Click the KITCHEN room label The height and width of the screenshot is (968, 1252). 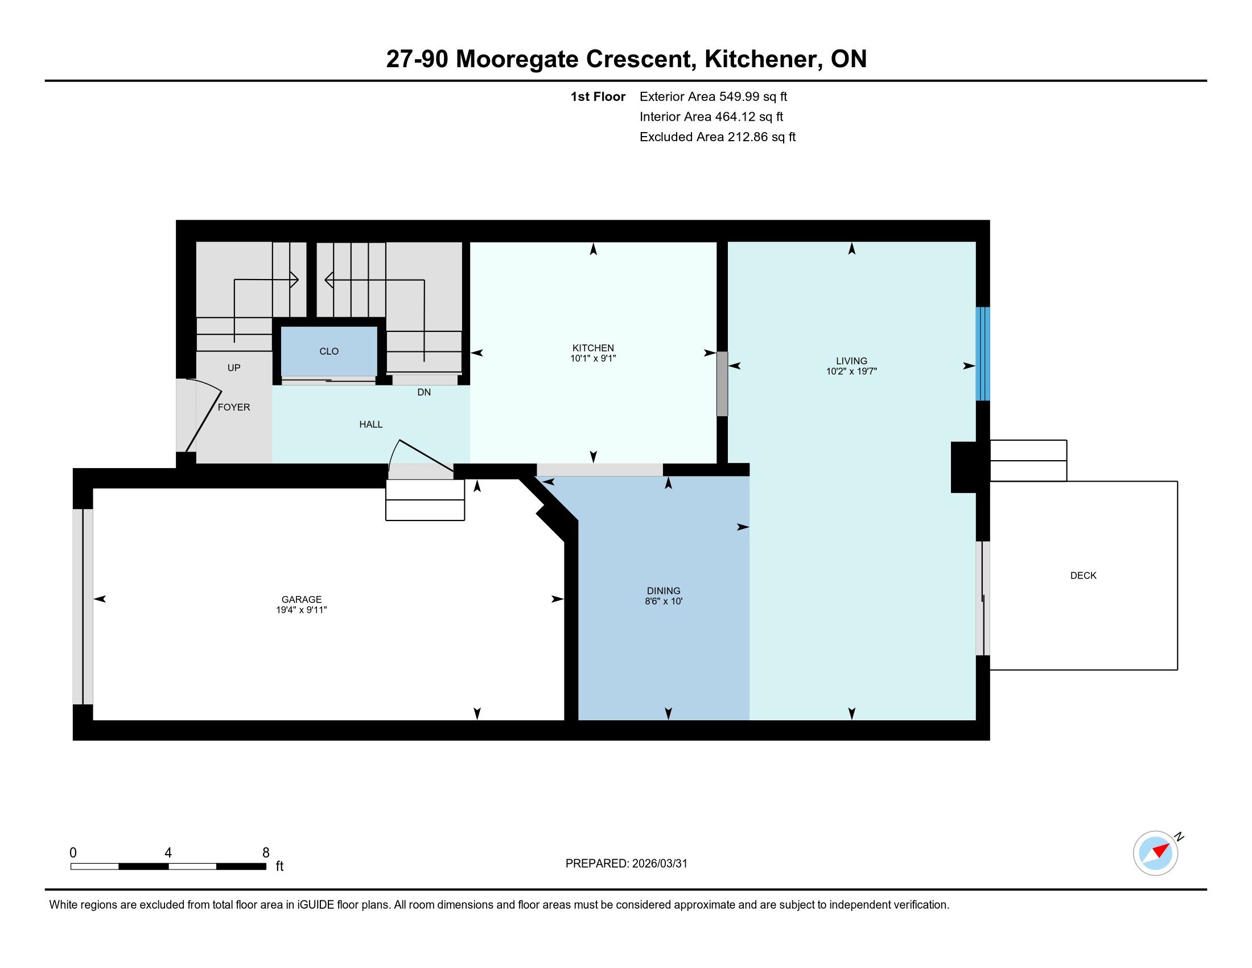[x=593, y=348]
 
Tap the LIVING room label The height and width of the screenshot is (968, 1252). [x=851, y=361]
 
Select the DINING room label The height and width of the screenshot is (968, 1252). [x=663, y=591]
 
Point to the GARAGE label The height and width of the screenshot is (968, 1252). [x=302, y=600]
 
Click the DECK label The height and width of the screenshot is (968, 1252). [x=1084, y=576]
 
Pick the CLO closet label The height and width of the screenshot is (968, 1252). [x=329, y=351]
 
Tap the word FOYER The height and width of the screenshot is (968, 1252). [x=234, y=408]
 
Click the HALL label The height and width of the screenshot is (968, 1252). [x=371, y=425]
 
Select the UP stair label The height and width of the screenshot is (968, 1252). [x=234, y=368]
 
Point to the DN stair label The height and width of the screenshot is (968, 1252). [x=424, y=393]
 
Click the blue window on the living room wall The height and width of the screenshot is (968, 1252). [x=983, y=354]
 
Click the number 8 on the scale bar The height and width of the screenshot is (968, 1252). [x=265, y=853]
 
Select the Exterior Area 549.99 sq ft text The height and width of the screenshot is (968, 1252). [x=713, y=97]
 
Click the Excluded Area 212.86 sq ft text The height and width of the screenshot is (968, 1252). [x=718, y=137]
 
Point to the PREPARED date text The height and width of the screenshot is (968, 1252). [x=626, y=864]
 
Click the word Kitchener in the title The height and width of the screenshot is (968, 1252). [x=757, y=59]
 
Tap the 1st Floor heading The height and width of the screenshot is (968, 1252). [x=598, y=97]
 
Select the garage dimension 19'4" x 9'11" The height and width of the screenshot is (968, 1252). [x=302, y=610]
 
